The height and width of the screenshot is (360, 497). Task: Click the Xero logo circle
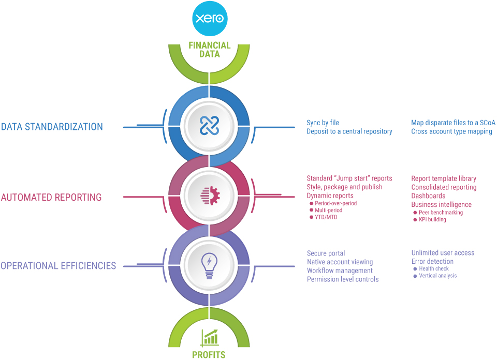[x=209, y=19]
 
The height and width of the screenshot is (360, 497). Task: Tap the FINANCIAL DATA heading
[x=209, y=50]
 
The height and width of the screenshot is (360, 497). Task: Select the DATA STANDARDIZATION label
[x=52, y=127]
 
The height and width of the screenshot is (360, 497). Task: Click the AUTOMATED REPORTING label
[x=51, y=197]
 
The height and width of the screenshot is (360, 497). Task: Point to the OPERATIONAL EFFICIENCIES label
[x=58, y=266]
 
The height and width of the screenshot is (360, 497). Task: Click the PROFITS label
[x=209, y=355]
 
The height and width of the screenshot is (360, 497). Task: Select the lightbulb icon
[x=209, y=266]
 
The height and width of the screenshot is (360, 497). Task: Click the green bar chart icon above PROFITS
[x=209, y=337]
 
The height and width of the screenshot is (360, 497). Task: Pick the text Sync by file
[x=323, y=123]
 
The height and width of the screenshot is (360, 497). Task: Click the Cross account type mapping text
[x=451, y=131]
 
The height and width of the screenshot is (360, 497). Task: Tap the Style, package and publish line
[x=344, y=187]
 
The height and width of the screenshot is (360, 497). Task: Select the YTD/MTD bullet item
[x=326, y=217]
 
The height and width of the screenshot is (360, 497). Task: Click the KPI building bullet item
[x=432, y=220]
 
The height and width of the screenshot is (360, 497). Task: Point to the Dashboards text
[x=428, y=196]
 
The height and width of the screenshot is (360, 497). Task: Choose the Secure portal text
[x=326, y=253]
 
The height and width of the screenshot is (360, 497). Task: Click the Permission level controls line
[x=343, y=279]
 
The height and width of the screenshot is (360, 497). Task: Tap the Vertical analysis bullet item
[x=438, y=276]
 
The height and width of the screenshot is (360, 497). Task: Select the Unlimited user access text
[x=443, y=253]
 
